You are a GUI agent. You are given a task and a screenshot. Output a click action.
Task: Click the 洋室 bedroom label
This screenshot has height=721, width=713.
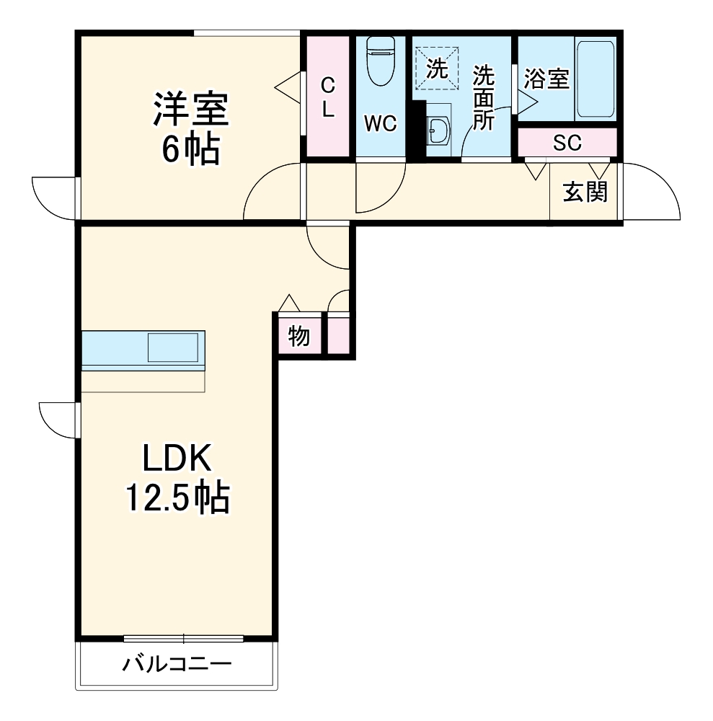[191, 110]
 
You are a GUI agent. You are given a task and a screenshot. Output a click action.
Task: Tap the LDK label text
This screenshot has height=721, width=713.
[177, 458]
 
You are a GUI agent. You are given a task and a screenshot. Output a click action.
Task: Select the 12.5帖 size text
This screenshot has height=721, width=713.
[177, 497]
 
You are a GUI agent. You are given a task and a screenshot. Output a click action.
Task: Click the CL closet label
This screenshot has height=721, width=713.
[328, 97]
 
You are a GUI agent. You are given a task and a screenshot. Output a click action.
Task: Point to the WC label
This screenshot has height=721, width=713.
[381, 123]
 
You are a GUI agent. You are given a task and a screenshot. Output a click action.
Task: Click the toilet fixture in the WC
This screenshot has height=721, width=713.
[381, 61]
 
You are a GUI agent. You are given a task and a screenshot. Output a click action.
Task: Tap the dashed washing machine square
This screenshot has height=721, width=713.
[437, 68]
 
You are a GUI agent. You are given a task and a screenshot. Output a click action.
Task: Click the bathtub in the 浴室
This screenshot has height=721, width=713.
[595, 79]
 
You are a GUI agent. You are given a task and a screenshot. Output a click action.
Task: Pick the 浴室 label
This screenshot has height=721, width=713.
[546, 79]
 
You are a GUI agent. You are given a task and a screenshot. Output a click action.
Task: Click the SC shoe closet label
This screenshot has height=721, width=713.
[567, 143]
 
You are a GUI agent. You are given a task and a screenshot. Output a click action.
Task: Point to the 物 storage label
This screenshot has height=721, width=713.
[299, 337]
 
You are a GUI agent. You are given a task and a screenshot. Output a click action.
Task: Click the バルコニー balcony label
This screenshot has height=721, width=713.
[177, 664]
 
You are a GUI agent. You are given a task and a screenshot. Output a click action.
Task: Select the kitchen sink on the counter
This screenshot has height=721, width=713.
[173, 348]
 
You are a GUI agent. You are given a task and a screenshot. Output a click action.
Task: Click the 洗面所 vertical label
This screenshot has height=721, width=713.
[484, 98]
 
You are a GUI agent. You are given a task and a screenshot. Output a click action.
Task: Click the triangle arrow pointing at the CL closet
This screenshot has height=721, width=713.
[288, 87]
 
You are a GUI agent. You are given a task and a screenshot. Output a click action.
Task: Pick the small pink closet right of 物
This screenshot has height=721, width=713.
[338, 333]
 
